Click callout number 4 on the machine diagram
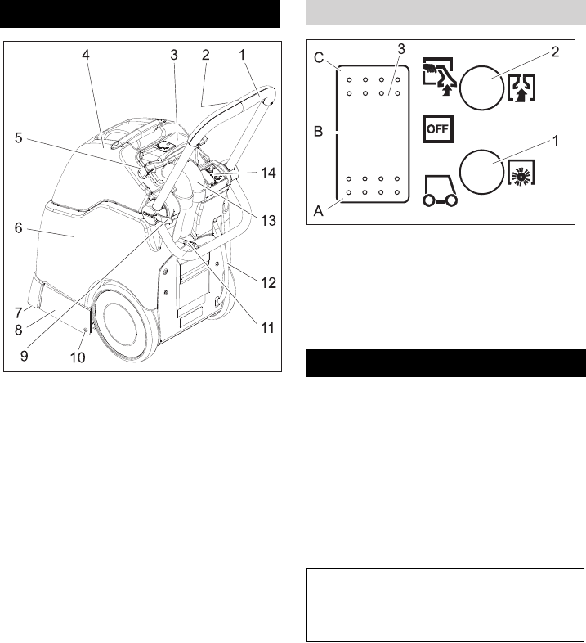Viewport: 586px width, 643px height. (x=86, y=55)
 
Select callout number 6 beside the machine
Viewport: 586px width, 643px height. (x=18, y=232)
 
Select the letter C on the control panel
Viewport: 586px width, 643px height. (x=320, y=58)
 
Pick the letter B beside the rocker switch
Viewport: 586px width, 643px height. (x=320, y=129)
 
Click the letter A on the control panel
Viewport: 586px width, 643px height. (x=320, y=209)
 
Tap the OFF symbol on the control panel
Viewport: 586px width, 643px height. (x=438, y=129)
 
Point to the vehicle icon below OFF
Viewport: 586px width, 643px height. (x=438, y=190)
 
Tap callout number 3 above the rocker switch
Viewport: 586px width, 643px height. (x=401, y=49)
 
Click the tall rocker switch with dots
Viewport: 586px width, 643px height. (x=374, y=133)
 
